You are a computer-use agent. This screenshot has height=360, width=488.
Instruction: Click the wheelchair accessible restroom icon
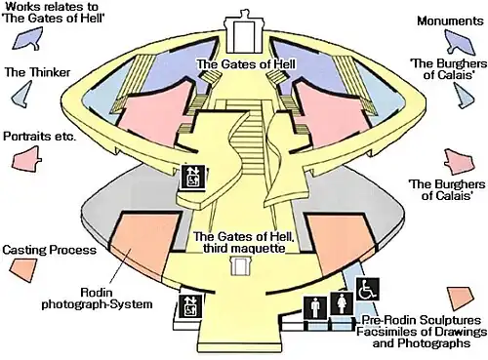click(x=368, y=289)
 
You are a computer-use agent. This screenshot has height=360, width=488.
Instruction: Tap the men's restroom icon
click(x=315, y=308)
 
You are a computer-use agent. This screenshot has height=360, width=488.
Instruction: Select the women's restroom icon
click(x=342, y=303)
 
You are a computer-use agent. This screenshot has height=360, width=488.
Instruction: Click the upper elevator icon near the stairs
click(x=193, y=177)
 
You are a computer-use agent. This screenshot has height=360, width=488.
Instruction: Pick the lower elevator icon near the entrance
click(x=191, y=306)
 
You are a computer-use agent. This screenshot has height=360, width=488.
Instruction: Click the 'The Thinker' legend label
click(x=37, y=72)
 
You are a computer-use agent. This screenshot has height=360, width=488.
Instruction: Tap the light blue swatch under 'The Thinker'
click(x=22, y=95)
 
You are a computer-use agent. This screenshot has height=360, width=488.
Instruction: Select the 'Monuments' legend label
click(x=450, y=20)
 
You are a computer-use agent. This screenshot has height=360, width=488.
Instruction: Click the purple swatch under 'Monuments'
click(x=460, y=42)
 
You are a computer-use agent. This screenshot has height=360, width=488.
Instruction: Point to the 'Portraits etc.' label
click(x=40, y=136)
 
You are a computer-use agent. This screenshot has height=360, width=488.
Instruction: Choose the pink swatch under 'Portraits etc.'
click(x=26, y=158)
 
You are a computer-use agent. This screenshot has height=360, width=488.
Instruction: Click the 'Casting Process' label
click(x=50, y=250)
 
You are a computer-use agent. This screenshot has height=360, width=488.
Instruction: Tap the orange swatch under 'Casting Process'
click(x=23, y=269)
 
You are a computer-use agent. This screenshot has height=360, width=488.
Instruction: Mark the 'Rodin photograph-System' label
click(x=97, y=299)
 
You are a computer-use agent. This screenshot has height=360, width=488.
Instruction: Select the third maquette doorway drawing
click(x=240, y=266)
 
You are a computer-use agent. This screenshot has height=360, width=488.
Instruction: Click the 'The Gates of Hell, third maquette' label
click(x=244, y=242)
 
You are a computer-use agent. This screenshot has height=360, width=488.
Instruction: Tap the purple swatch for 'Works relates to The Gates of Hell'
click(x=28, y=39)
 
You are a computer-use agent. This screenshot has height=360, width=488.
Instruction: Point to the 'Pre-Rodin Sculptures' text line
click(x=421, y=320)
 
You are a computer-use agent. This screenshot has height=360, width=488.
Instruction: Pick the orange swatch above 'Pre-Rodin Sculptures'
click(x=460, y=299)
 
